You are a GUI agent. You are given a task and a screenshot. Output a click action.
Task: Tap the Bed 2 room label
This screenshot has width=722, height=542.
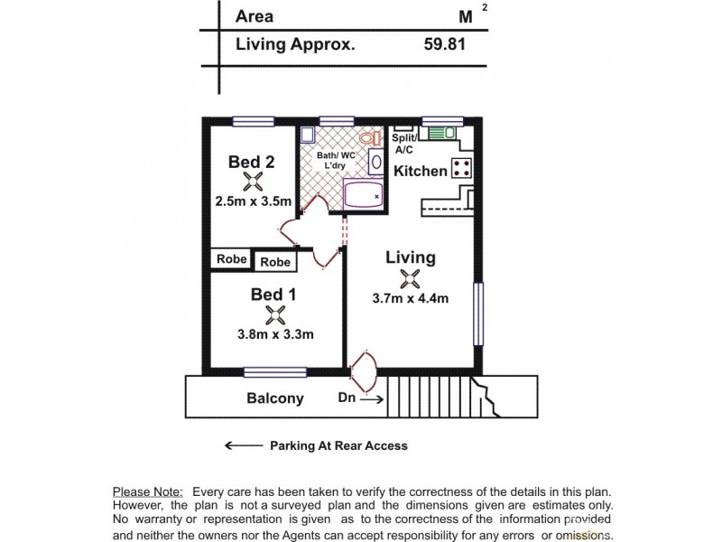pyautogui.click(x=251, y=162)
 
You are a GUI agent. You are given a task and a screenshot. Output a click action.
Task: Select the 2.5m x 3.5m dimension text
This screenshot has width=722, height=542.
pyautogui.click(x=253, y=201)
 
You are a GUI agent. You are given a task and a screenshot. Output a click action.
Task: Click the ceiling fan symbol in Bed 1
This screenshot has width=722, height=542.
pyautogui.click(x=276, y=314)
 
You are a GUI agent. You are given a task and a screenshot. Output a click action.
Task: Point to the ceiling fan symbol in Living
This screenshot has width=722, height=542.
pyautogui.click(x=411, y=279)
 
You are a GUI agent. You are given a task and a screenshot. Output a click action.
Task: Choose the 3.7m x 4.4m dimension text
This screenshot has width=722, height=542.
pyautogui.click(x=411, y=299)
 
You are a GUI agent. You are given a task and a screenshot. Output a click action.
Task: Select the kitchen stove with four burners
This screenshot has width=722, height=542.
pyautogui.click(x=462, y=167)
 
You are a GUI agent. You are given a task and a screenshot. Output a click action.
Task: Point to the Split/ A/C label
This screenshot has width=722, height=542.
pyautogui.click(x=403, y=145)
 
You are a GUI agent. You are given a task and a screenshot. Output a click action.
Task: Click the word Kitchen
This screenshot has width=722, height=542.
pyautogui.click(x=421, y=171)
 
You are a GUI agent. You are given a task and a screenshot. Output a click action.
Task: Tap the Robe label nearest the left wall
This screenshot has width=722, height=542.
pyautogui.click(x=232, y=258)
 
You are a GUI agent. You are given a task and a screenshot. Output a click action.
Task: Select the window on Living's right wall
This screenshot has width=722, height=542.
pyautogui.click(x=478, y=313)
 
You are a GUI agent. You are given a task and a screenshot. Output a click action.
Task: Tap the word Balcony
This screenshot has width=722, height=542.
pyautogui.click(x=275, y=398)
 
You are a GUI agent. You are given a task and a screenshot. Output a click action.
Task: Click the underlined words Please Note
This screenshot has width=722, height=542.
pyautogui.click(x=148, y=491)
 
